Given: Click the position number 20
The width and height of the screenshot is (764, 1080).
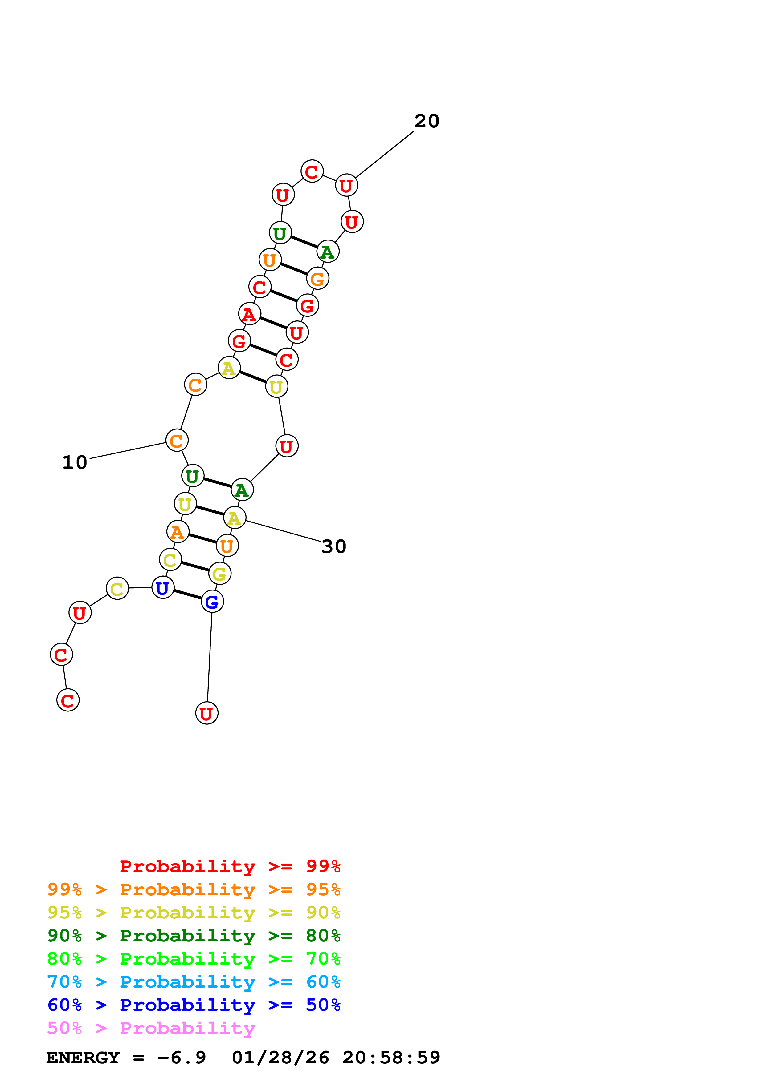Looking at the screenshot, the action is click(x=427, y=121).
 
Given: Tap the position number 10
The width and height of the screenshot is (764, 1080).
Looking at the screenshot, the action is click(x=75, y=463).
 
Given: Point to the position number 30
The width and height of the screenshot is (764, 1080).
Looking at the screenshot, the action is click(x=334, y=546).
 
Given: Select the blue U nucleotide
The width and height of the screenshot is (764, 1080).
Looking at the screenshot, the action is click(x=163, y=588).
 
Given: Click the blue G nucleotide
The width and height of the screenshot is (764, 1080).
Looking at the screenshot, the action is click(x=212, y=602).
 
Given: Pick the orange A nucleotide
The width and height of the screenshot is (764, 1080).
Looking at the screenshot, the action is click(x=178, y=532).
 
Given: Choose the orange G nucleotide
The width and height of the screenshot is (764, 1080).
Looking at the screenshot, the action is click(x=318, y=279).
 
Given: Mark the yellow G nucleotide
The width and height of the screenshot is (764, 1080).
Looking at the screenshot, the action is click(x=220, y=574).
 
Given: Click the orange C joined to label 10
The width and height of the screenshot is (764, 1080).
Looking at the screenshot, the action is click(x=177, y=441).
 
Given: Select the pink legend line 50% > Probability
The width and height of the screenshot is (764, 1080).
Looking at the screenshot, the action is click(x=151, y=1028).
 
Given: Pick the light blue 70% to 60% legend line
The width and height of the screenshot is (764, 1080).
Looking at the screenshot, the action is click(x=194, y=982).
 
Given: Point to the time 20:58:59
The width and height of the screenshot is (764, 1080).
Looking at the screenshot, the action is click(x=391, y=1058).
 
